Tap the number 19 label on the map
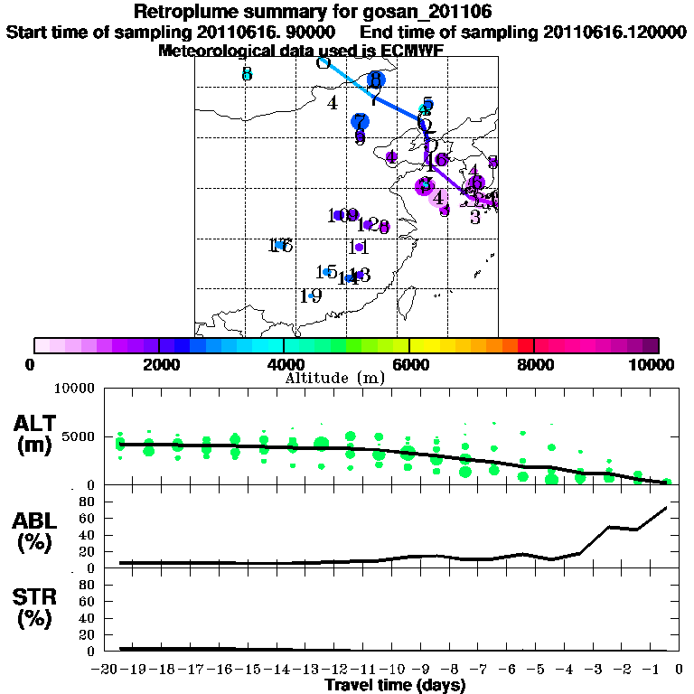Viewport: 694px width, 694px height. (311, 295)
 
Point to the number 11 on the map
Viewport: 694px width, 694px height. (358, 247)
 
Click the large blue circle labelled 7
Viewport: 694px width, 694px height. (361, 121)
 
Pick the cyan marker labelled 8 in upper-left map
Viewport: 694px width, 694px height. (247, 74)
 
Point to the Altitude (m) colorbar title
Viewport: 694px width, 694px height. (334, 377)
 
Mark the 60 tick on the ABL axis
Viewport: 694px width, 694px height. (87, 519)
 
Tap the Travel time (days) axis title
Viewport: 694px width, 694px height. (395, 685)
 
